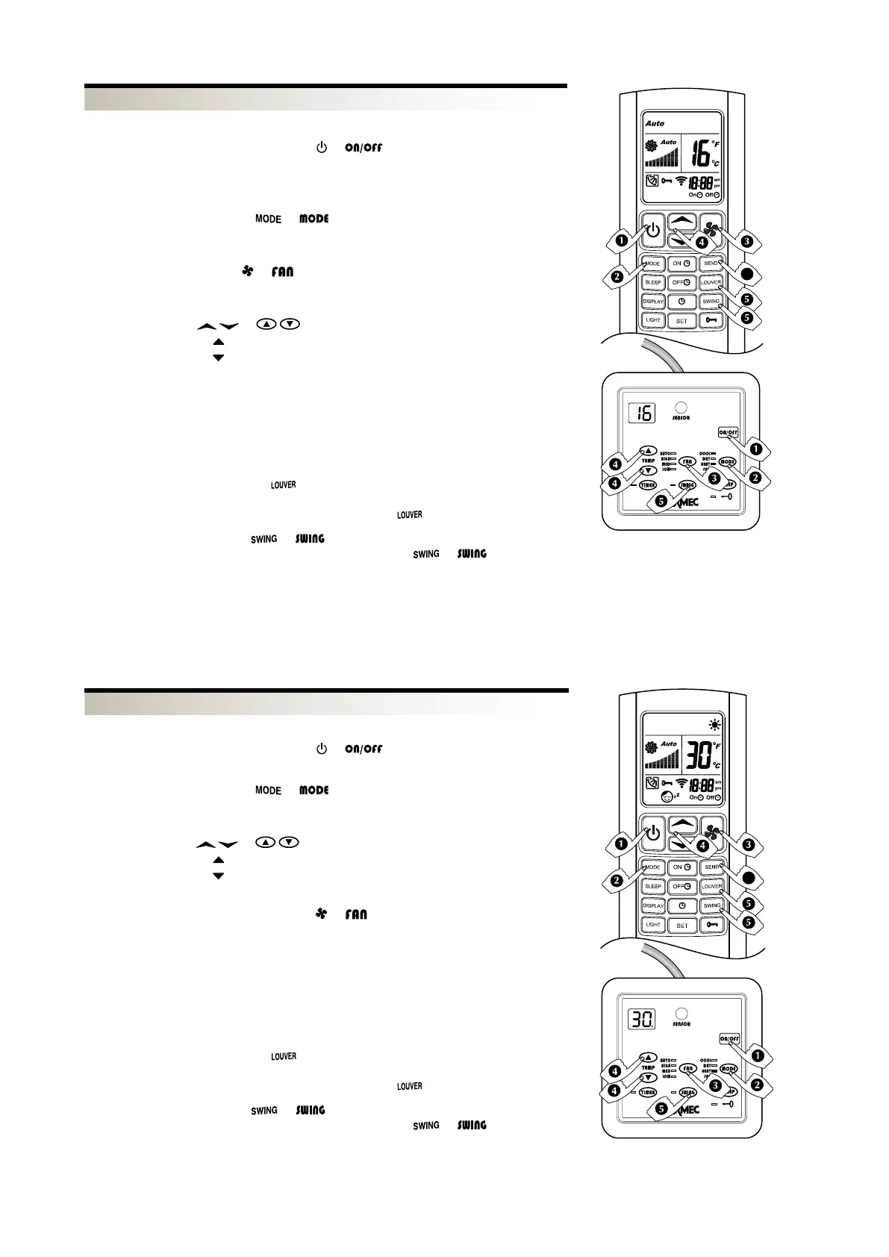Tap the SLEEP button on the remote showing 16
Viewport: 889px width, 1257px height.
[x=653, y=283]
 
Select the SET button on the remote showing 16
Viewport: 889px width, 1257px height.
[x=681, y=320]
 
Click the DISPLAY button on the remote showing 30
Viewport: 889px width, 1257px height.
[x=653, y=905]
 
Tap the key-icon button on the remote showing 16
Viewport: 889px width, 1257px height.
[x=711, y=320]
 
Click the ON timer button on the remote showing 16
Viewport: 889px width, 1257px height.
[x=681, y=263]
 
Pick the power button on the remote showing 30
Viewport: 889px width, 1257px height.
[x=653, y=832]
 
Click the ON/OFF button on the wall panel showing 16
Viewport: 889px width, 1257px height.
[x=729, y=432]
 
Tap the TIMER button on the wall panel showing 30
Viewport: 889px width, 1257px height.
[x=647, y=1092]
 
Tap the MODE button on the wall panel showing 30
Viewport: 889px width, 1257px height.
[x=728, y=1069]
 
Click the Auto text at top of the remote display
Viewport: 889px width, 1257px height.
[x=655, y=123]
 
